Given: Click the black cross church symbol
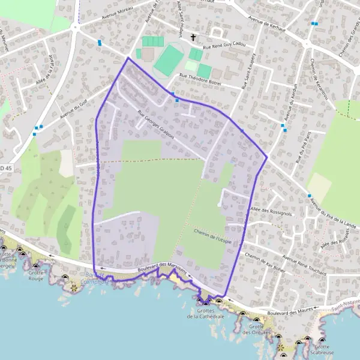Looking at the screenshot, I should pos(193,38).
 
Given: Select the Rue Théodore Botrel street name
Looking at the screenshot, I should pos(200,80).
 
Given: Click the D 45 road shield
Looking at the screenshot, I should pos(6,169).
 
